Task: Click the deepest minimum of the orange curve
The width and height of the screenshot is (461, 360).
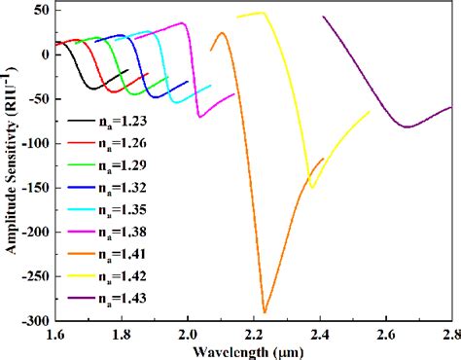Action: coord(264,312)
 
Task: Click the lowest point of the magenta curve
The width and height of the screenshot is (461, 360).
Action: coord(198,117)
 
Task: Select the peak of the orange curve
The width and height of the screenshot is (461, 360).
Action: coord(222,33)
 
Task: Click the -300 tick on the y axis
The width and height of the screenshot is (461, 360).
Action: coord(36,321)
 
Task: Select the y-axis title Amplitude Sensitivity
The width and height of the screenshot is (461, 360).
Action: coord(9,165)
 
